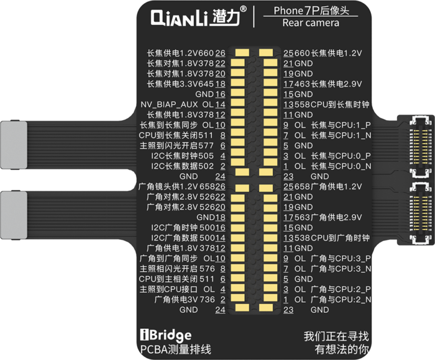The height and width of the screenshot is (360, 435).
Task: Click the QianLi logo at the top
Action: (x=195, y=18)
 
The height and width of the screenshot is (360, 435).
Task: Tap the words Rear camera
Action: (x=311, y=23)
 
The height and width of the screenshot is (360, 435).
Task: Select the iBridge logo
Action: (x=166, y=335)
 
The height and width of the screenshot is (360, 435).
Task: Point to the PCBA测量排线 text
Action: (x=176, y=349)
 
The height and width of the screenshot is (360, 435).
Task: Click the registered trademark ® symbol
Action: (x=243, y=9)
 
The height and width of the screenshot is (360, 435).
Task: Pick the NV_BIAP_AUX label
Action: (x=169, y=104)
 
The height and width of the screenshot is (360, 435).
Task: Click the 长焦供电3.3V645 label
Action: (x=180, y=84)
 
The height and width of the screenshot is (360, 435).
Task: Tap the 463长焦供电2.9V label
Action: (x=328, y=84)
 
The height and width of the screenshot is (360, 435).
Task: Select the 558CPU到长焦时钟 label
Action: (x=332, y=104)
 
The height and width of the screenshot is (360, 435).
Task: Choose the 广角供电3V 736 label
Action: (x=185, y=300)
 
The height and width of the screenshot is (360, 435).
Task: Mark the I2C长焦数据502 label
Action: (x=182, y=166)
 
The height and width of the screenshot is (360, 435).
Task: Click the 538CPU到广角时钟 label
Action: (x=332, y=238)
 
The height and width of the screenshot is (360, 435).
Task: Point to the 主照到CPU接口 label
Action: (x=168, y=289)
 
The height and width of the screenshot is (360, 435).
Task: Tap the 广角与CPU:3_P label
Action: (x=341, y=259)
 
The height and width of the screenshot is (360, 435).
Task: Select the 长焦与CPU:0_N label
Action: (x=341, y=166)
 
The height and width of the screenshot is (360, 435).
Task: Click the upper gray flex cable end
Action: (x=14, y=145)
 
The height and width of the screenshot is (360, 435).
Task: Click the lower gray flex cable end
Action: (x=14, y=215)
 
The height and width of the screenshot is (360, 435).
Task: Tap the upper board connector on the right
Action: (x=420, y=146)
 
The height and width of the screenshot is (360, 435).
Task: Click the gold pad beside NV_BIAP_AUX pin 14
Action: (x=238, y=103)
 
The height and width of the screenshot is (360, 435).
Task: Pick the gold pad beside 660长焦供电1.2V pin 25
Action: (x=266, y=53)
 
